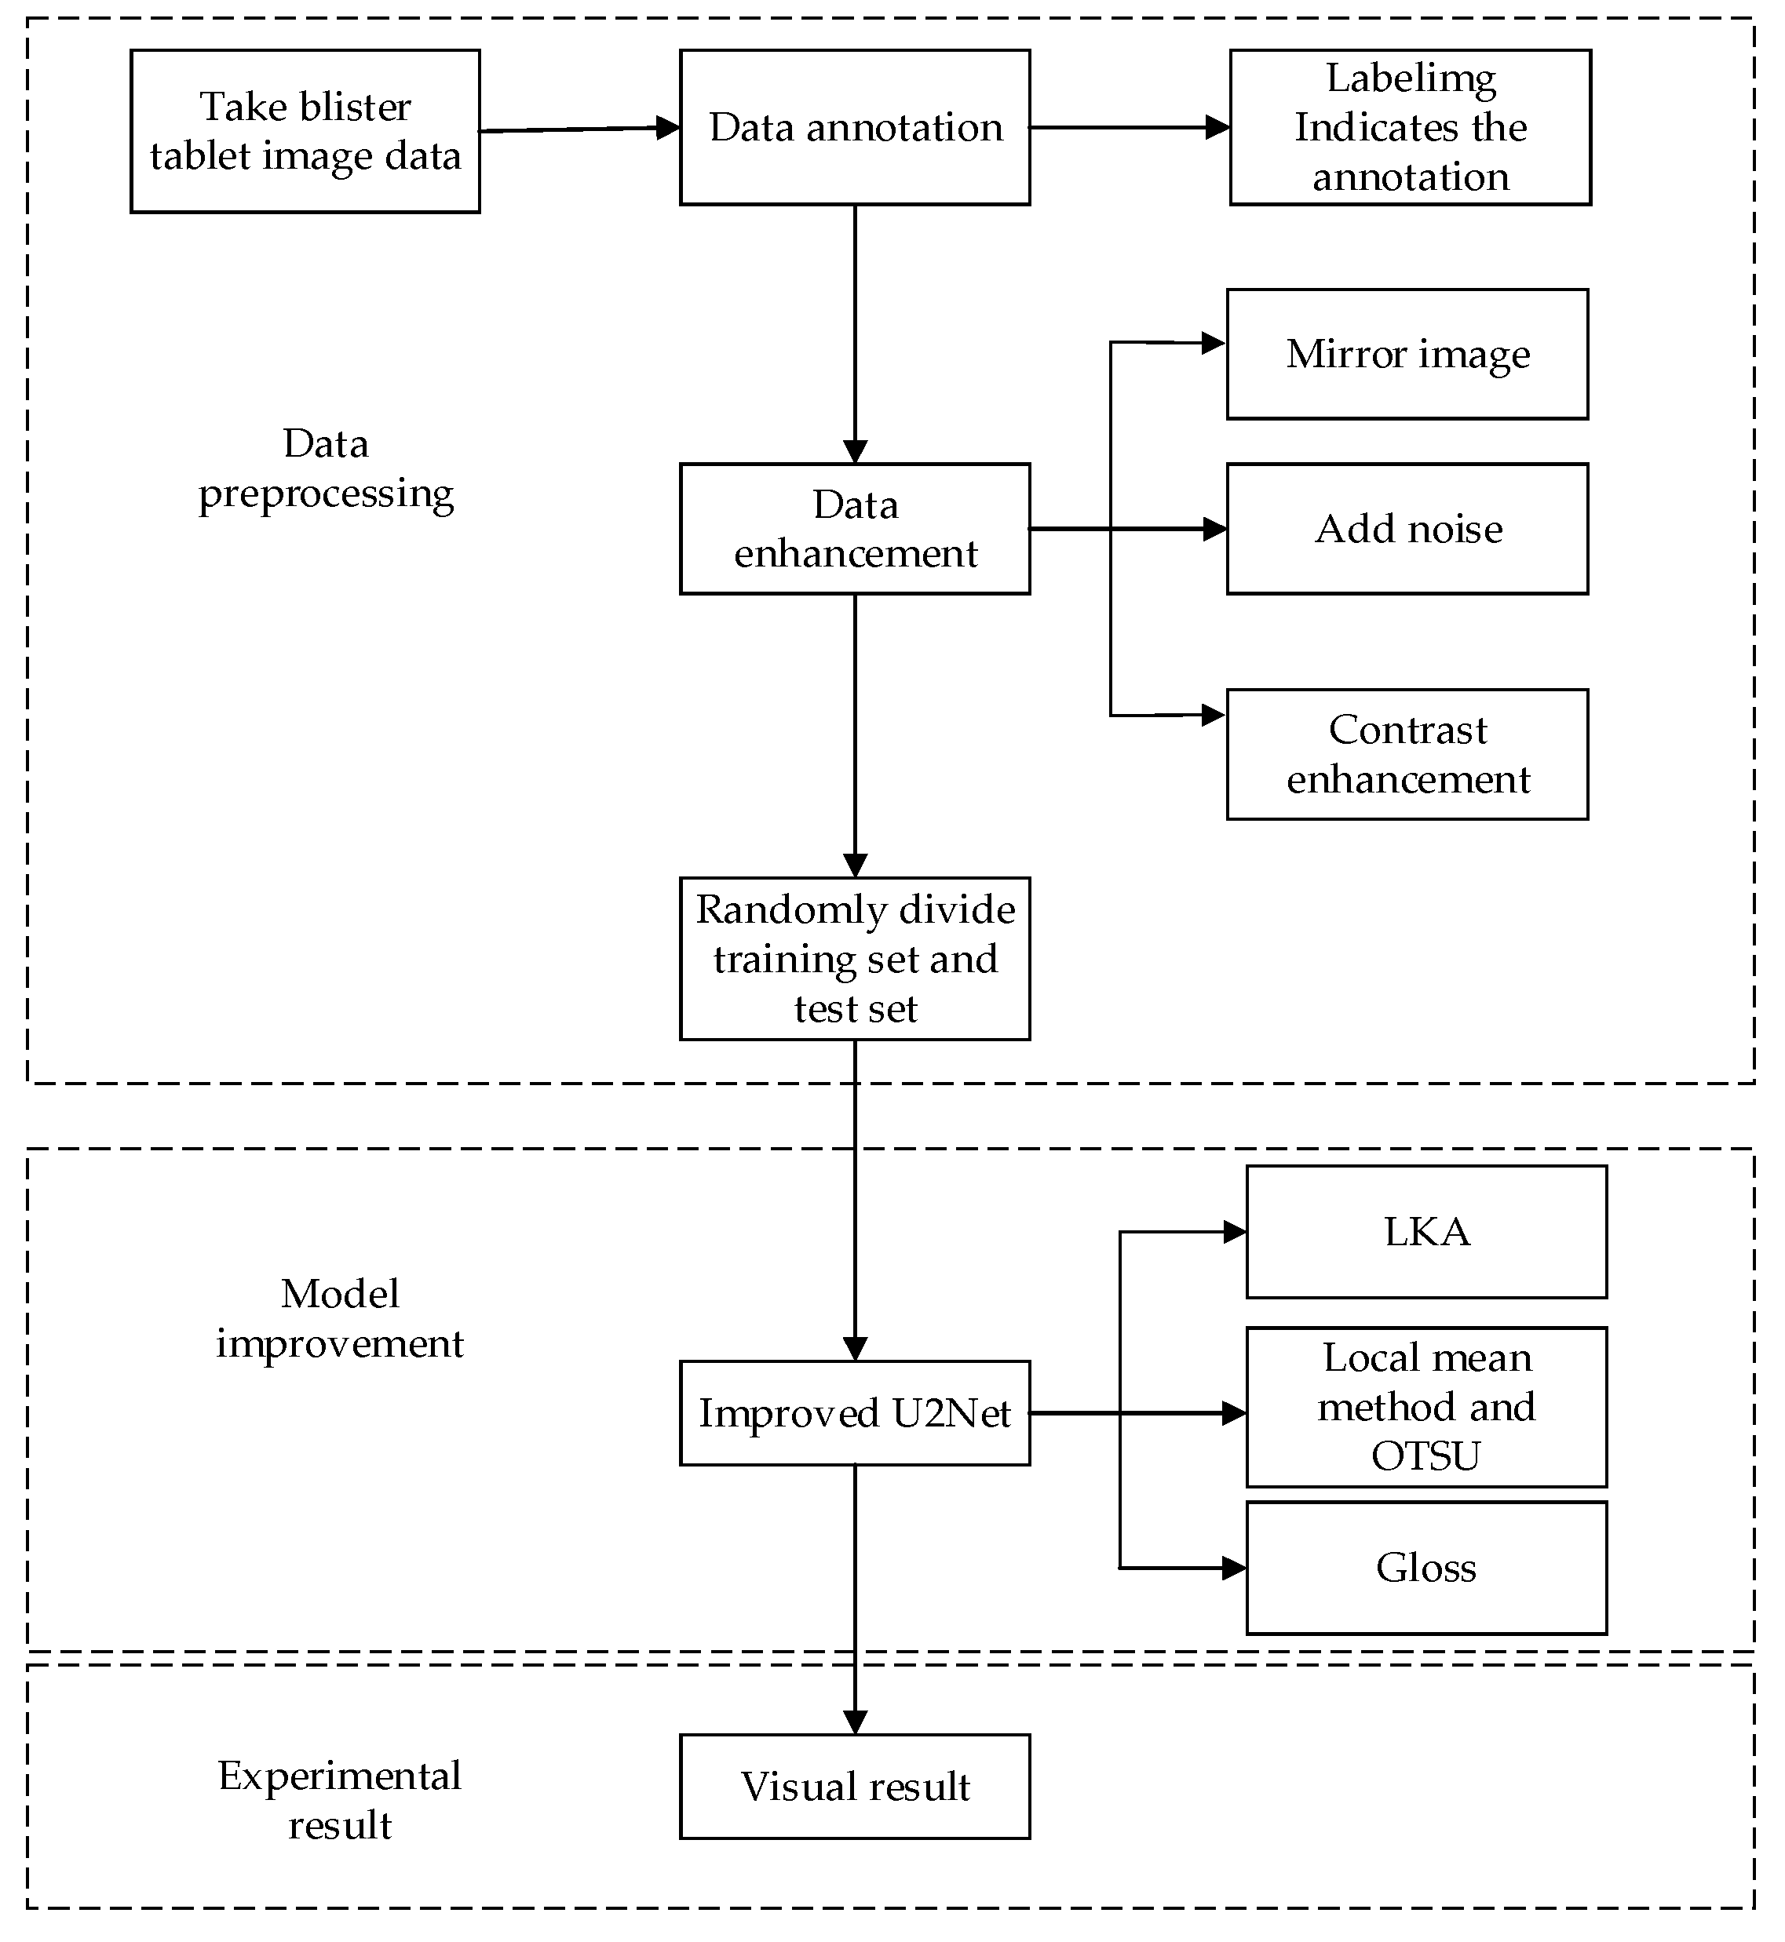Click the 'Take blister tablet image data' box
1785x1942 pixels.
click(305, 131)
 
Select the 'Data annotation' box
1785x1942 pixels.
click(855, 127)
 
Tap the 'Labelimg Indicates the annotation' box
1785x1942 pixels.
click(1411, 127)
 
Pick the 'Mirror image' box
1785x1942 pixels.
click(1407, 355)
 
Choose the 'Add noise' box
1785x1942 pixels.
click(1407, 529)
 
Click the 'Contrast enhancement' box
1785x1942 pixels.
click(1407, 755)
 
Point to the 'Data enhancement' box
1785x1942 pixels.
click(855, 529)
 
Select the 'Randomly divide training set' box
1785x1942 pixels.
click(855, 959)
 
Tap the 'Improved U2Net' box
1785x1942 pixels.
click(855, 1414)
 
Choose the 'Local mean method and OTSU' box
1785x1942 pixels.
click(1426, 1407)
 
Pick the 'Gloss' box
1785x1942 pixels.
click(1426, 1569)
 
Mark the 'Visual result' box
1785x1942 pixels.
click(855, 1787)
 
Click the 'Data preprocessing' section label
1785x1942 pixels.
click(327, 468)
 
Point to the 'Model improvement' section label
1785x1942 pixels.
click(340, 1319)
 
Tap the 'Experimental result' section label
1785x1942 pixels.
click(340, 1801)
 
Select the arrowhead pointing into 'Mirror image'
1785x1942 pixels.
click(1214, 343)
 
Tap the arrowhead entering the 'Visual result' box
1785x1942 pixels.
click(855, 1723)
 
